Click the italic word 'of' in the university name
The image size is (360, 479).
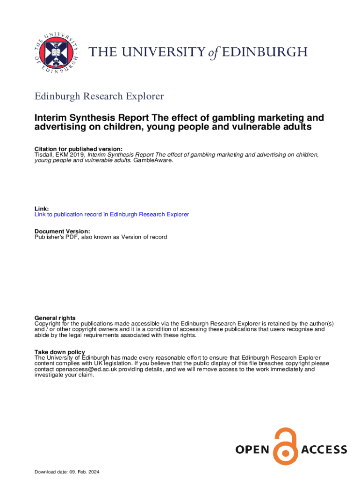tap(213, 52)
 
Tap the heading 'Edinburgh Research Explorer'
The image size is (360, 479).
tap(99, 96)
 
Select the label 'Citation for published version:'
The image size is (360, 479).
tap(79, 149)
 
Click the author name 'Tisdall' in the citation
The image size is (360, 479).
tap(44, 154)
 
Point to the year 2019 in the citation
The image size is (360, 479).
tap(78, 154)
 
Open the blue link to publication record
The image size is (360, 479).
tap(112, 214)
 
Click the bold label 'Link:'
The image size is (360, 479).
tap(42, 209)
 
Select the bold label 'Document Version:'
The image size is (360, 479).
tap(62, 231)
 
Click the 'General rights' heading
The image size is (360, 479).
tap(55, 318)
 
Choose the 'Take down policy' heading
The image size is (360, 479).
tap(60, 352)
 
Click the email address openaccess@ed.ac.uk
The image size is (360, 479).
tap(87, 369)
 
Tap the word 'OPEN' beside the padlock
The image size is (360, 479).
tap(252, 450)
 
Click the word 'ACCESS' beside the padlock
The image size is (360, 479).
tap(324, 450)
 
